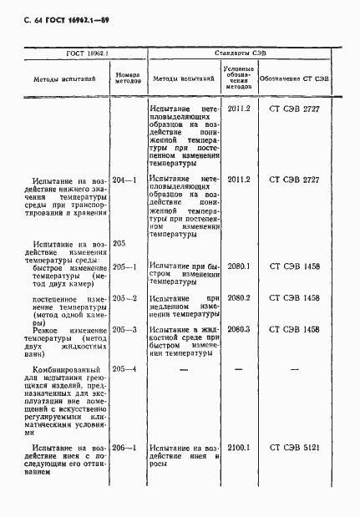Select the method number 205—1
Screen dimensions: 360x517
(x=125, y=266)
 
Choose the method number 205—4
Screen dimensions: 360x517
(x=125, y=368)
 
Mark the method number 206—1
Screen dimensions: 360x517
(x=125, y=449)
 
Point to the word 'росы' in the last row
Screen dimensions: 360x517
(x=159, y=464)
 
